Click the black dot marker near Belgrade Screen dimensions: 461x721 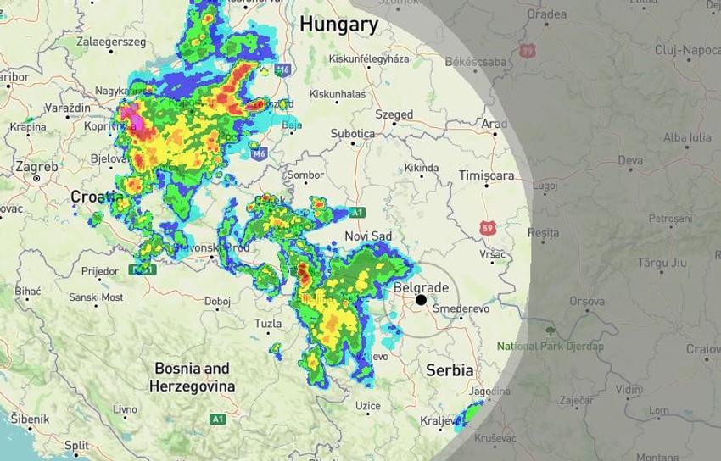click(421, 300)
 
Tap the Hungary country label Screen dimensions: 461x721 click(338, 25)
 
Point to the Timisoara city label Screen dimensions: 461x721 click(486, 175)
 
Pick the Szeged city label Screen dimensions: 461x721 click(394, 114)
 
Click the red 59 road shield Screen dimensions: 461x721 click(487, 228)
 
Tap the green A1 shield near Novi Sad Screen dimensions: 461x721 click(357, 212)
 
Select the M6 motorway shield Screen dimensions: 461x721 click(258, 153)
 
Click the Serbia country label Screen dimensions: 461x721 click(450, 370)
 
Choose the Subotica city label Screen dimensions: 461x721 click(352, 134)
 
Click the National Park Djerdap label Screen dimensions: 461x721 click(551, 346)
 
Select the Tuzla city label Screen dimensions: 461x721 click(268, 324)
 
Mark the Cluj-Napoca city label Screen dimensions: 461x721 click(687, 50)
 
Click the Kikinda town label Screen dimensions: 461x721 click(422, 168)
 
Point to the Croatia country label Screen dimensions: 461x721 click(97, 197)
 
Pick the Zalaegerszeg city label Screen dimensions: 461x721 click(111, 41)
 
